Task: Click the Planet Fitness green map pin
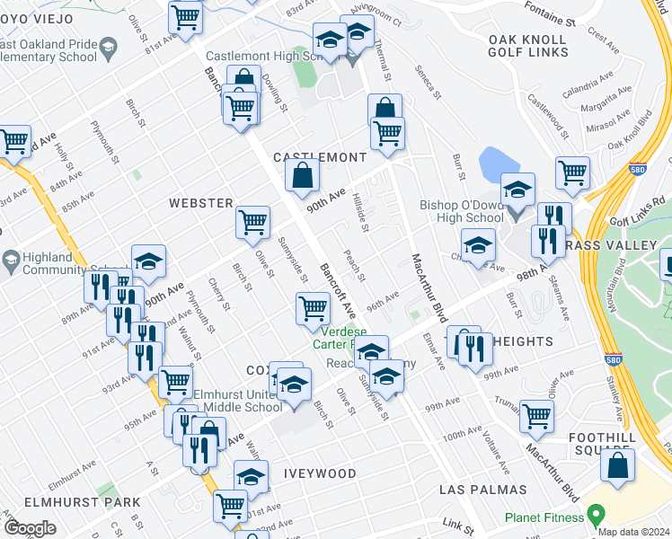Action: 593,517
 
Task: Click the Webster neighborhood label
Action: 201,204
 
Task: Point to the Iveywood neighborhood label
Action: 322,473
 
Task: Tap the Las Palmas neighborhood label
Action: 482,490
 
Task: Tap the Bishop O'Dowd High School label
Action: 462,211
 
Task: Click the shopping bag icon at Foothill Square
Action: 617,465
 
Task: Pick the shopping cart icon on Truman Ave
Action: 536,415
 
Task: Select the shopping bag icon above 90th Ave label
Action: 303,174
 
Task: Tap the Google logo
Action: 30,529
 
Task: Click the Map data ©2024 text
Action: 633,532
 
